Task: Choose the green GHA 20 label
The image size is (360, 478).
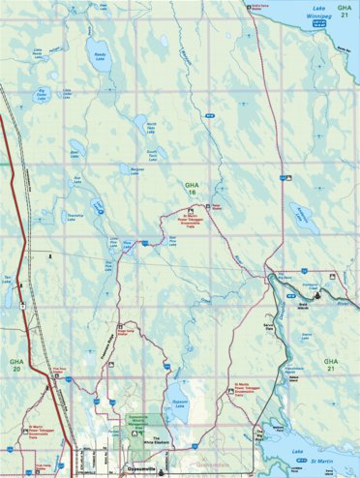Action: point(15,365)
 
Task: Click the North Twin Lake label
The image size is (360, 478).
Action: point(151,126)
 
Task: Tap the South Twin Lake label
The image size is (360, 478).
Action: point(152,153)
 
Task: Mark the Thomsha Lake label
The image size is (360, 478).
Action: point(72,219)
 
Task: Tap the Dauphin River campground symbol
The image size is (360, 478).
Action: point(330,278)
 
